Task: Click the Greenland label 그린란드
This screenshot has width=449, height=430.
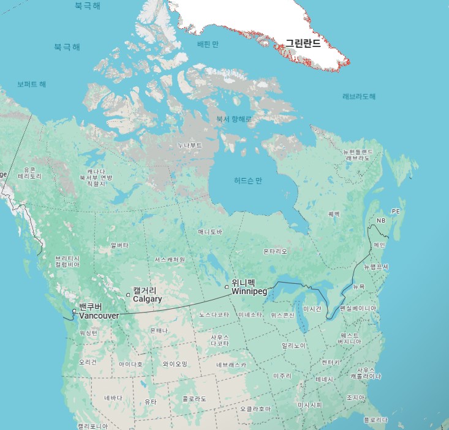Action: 303,44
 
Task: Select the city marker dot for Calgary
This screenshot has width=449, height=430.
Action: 128,295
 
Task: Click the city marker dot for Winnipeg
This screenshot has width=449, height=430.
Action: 227,286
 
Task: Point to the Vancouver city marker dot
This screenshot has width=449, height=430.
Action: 74,311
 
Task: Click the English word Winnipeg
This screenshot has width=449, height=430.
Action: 249,292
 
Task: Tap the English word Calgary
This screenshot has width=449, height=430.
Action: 148,299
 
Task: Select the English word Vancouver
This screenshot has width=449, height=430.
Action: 99,315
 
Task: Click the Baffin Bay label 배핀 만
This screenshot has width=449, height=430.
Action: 208,45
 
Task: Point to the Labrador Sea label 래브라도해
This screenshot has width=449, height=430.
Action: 359,97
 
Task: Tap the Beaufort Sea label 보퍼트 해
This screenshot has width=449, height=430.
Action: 31,84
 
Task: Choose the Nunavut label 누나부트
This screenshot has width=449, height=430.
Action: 189,146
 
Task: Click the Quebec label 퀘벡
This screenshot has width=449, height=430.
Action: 333,214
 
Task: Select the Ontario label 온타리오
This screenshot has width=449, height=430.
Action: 275,251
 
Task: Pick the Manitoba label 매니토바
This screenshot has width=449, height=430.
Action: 210,232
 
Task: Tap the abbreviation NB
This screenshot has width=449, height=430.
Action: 381,220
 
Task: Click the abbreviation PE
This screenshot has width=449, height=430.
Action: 395,211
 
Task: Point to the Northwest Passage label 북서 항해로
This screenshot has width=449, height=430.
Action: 234,119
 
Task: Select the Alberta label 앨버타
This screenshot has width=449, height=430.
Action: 119,245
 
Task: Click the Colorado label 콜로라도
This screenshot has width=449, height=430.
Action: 194,399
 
